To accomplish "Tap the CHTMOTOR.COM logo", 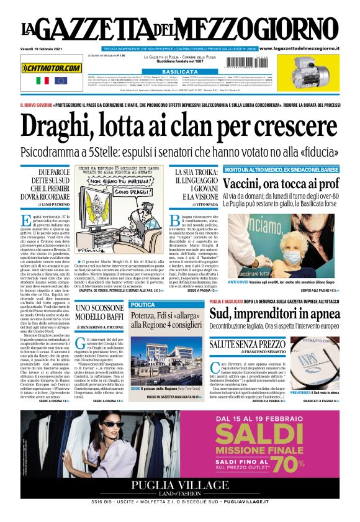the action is [x=52, y=68].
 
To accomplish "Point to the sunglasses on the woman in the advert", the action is [x=112, y=424].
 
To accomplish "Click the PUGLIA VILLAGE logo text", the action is [x=180, y=487].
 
